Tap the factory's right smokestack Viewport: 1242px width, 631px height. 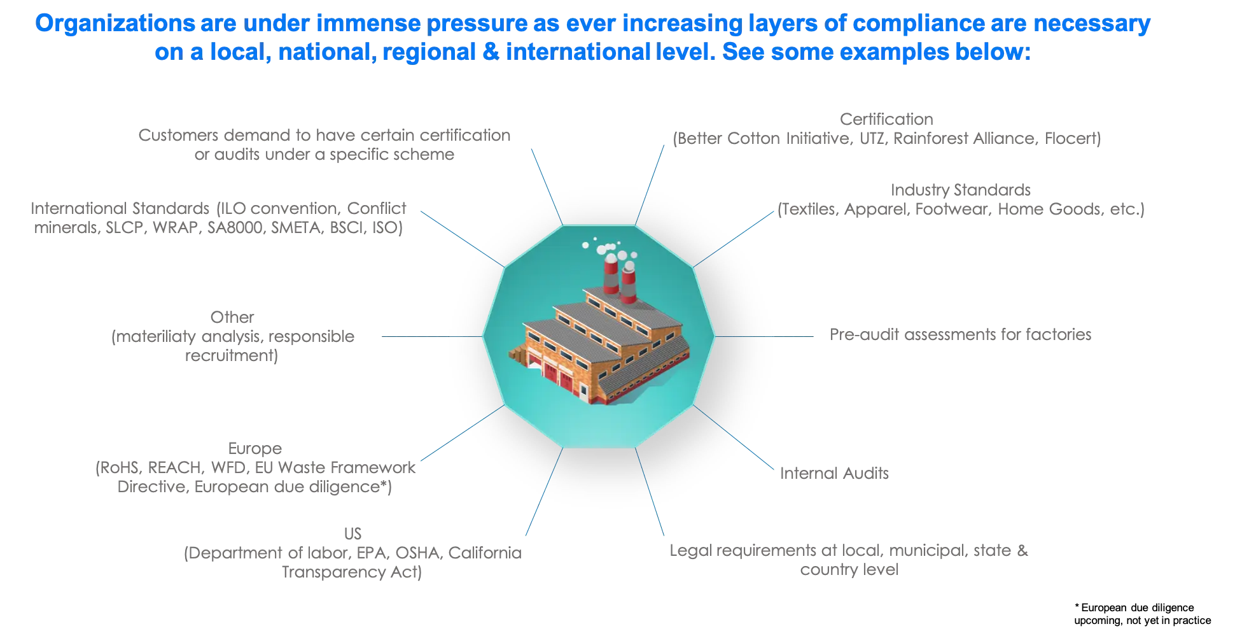click(x=629, y=286)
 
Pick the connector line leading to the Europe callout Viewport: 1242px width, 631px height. click(x=461, y=433)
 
